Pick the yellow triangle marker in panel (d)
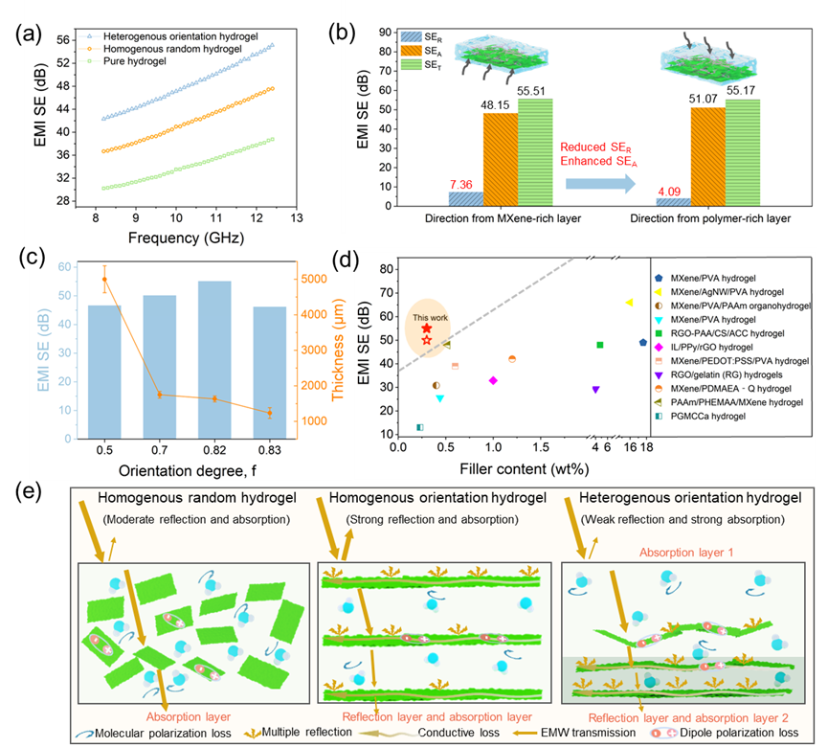(629, 303)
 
